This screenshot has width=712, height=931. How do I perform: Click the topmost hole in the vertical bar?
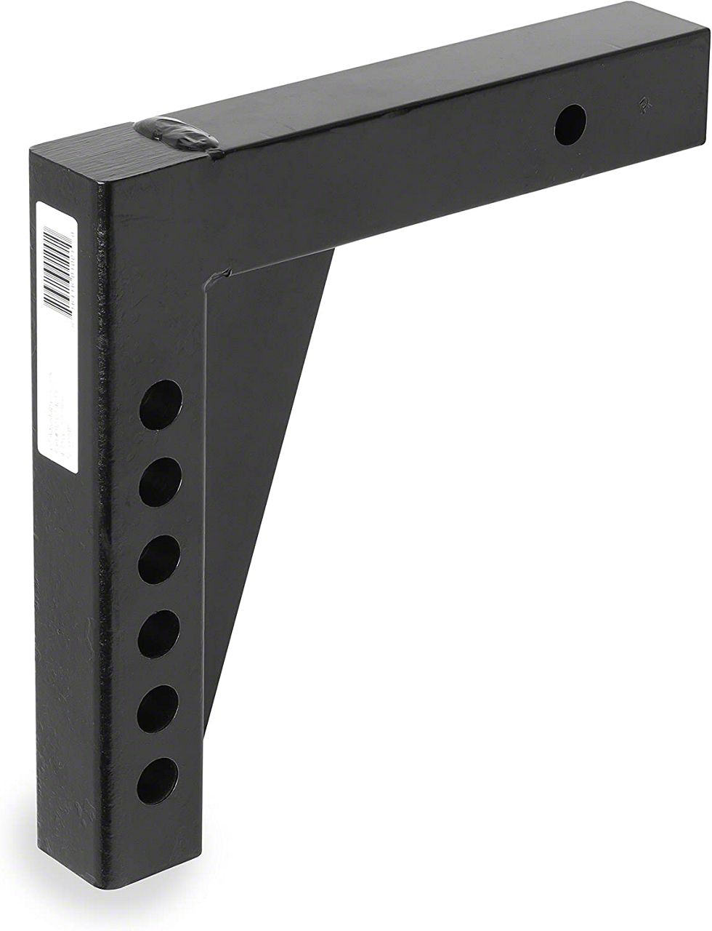[161, 404]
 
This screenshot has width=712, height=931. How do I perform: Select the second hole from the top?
[160, 482]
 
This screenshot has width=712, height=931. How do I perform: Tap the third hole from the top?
[159, 559]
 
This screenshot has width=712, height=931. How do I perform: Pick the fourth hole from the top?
[158, 634]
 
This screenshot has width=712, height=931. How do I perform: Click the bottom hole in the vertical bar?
[157, 780]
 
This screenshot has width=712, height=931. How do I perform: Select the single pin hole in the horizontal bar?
[570, 124]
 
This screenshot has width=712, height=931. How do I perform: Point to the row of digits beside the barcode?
[73, 269]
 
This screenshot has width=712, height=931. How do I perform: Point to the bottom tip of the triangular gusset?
[211, 724]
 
